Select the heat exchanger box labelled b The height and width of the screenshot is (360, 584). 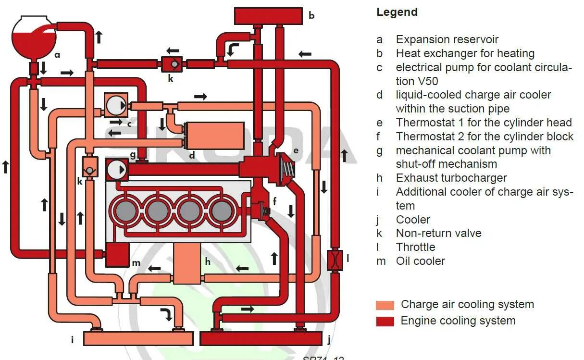click(x=268, y=16)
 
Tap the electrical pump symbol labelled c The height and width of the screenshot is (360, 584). click(x=116, y=105)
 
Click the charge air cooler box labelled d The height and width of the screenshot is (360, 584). click(x=214, y=135)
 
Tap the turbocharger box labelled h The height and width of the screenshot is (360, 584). click(x=187, y=263)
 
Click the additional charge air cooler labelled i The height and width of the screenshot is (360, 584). click(x=138, y=338)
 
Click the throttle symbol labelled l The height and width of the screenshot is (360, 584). click(x=334, y=260)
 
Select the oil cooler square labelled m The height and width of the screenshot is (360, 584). click(x=117, y=254)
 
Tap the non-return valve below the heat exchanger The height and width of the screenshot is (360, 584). click(x=172, y=64)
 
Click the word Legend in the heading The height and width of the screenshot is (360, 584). click(x=397, y=12)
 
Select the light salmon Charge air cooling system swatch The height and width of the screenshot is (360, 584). click(x=385, y=305)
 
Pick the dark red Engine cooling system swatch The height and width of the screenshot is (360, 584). click(x=385, y=321)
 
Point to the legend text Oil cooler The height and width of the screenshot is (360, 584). click(x=420, y=261)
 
